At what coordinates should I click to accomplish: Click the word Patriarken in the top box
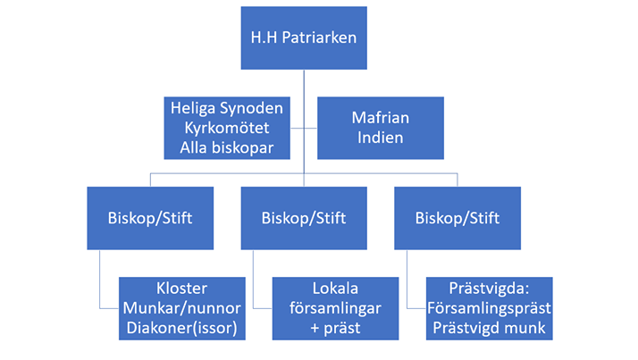point(319,38)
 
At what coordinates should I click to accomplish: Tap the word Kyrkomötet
point(227,128)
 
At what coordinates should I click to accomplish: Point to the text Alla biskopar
point(227,147)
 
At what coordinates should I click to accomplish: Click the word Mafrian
point(381,118)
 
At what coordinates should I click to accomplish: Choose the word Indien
point(381,138)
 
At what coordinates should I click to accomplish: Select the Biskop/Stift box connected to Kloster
point(150,218)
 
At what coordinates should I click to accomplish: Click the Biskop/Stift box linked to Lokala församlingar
point(304,218)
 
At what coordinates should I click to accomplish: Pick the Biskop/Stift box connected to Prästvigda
point(458,218)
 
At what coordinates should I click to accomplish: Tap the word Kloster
point(182,289)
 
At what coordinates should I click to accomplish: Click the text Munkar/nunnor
point(182,308)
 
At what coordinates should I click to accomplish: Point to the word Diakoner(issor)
point(182,328)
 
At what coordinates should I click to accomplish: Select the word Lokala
point(335,289)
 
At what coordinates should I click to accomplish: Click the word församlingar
point(335,308)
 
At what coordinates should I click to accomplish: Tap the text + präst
point(335,328)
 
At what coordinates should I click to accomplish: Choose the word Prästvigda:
point(489,289)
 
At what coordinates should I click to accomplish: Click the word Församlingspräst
point(489,308)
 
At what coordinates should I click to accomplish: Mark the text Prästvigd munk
point(489,328)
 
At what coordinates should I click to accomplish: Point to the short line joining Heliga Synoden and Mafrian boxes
point(304,128)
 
